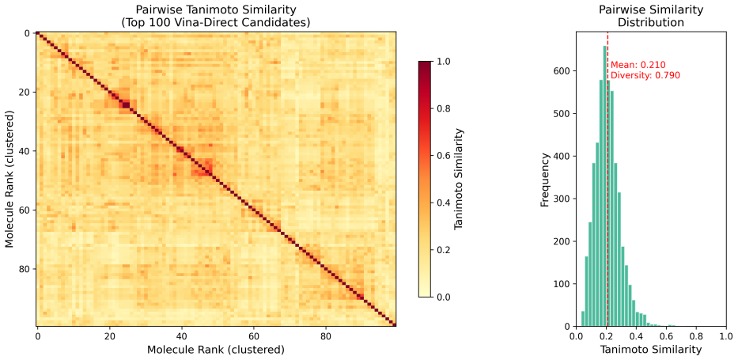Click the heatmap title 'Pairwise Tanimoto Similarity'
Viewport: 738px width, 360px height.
(216, 9)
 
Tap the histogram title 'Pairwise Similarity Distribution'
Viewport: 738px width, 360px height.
(651, 16)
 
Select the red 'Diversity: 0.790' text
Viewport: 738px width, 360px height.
(645, 75)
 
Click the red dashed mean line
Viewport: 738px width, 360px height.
(607, 180)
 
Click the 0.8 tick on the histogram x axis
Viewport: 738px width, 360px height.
(697, 336)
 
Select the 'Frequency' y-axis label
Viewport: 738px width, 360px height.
(545, 180)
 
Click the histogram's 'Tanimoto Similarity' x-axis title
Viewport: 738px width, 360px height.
(651, 350)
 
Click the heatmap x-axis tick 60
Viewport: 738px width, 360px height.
(253, 336)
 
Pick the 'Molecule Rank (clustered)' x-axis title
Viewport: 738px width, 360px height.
(216, 350)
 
